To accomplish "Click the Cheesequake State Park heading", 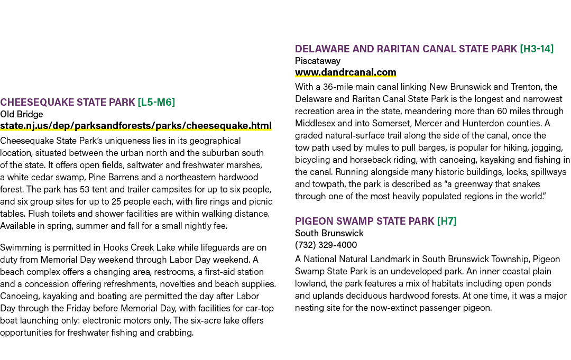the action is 68,102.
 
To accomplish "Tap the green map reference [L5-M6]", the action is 156,102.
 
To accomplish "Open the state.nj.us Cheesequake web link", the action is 136,126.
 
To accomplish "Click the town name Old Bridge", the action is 22,114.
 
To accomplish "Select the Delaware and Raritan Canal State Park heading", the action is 406,49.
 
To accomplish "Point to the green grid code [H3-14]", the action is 537,49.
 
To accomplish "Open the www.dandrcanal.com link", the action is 346,72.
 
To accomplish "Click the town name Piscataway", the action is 318,61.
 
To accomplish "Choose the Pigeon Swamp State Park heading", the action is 364,221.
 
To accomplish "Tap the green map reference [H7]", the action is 446,221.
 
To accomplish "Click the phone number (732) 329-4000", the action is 326,245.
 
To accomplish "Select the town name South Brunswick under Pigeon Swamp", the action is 329,233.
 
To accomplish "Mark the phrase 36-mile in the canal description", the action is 337,87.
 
